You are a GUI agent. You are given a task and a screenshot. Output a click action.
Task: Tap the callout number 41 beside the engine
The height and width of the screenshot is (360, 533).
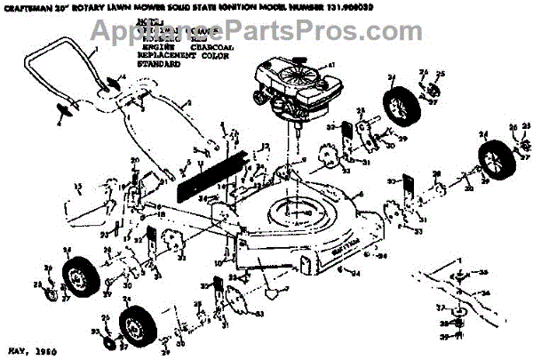[331, 66]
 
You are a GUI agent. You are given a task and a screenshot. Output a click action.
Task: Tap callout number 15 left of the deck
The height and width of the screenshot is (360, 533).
[77, 186]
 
